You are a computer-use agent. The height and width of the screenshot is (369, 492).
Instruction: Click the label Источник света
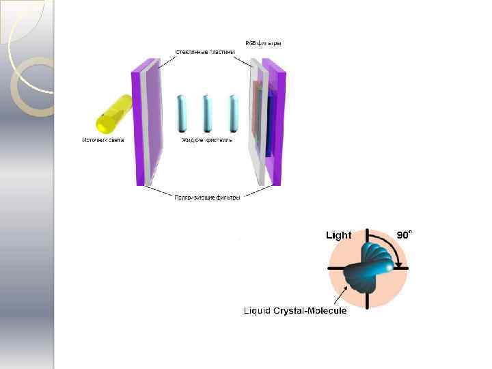pos(102,140)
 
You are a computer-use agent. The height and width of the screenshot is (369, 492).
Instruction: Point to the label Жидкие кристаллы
pos(207,140)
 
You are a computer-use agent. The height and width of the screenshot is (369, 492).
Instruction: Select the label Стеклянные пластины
pos(205,52)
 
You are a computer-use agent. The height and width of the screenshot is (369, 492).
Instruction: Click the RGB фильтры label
pos(263,44)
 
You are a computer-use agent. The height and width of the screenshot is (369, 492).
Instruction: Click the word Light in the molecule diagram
pos(338,235)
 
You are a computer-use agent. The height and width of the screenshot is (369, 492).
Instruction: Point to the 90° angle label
pos(404,234)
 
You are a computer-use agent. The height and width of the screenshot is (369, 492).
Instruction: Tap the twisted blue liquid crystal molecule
pos(369,267)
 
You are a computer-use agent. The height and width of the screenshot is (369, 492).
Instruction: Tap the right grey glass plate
pos(256,123)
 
